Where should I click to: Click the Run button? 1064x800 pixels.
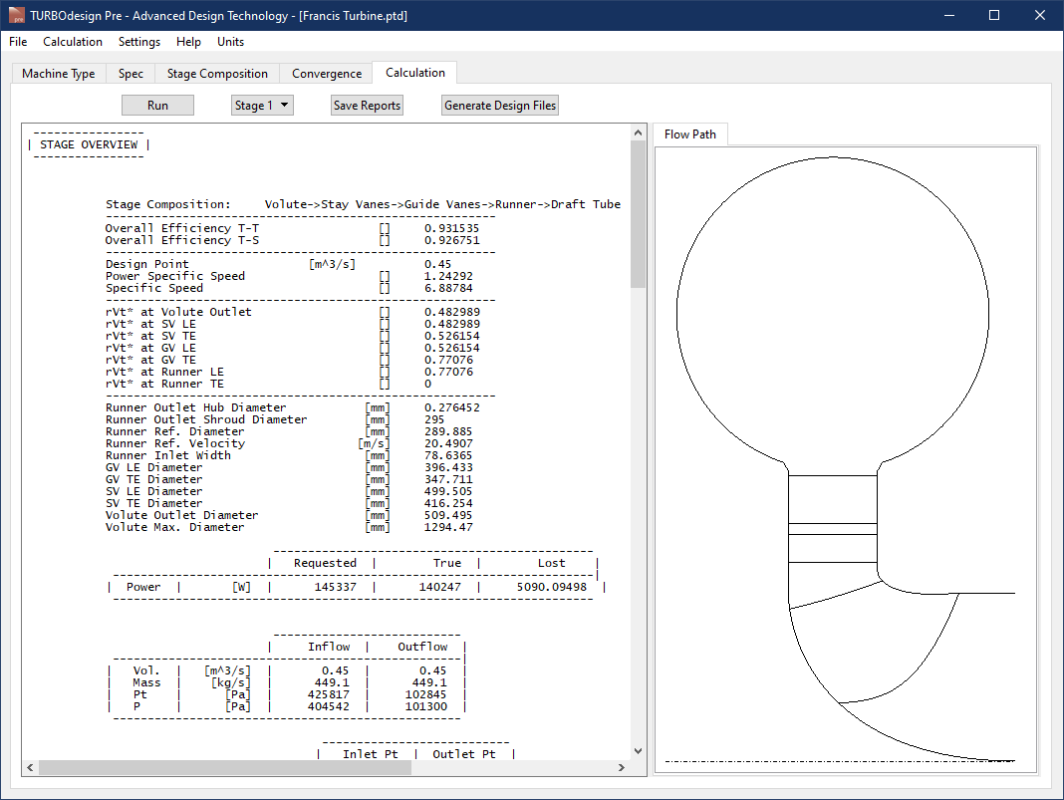157,106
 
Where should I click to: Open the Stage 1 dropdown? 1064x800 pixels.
262,106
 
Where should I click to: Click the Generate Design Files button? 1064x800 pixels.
500,106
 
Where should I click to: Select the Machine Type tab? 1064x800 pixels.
59,74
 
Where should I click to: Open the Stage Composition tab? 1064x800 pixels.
217,74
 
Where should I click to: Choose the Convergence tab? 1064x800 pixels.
327,74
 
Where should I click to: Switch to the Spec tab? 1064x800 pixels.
131,74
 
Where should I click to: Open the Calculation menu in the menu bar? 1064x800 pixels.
73,42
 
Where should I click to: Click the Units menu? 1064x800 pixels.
230,42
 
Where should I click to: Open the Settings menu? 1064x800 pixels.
139,42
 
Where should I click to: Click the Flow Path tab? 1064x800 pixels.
690,134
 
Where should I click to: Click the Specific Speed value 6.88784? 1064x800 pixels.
448,288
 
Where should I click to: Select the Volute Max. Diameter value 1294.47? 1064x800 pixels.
448,527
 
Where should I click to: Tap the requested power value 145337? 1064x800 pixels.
324,587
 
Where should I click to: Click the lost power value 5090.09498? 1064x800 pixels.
551,587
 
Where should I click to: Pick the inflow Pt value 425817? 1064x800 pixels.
328,694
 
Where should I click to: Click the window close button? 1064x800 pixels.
1040,15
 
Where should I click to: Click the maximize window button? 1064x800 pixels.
994,15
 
